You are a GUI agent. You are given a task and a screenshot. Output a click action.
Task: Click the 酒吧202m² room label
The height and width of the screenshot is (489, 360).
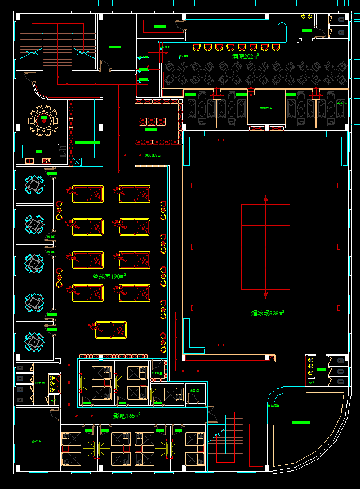point(245,56)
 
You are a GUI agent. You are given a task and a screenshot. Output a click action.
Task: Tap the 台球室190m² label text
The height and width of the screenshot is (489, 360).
point(109,277)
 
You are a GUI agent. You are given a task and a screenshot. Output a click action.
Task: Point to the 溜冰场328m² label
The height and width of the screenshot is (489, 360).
point(268,313)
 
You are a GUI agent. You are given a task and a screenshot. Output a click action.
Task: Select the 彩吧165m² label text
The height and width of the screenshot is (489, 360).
point(126,416)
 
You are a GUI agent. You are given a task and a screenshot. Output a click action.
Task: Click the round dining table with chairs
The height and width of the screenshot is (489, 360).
point(43,119)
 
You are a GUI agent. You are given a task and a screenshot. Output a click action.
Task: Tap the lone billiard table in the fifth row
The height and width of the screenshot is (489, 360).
point(111,330)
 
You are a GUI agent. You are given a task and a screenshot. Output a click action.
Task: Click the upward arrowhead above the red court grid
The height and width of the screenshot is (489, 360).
point(266,197)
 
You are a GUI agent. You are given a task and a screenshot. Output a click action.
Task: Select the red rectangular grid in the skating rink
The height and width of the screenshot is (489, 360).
point(265,246)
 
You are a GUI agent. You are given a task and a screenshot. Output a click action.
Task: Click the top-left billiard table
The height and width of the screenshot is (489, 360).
point(87,194)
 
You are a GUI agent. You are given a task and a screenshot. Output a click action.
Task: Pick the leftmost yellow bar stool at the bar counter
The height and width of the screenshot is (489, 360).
point(196,47)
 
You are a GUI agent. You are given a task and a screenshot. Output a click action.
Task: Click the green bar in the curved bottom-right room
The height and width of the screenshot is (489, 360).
point(300,421)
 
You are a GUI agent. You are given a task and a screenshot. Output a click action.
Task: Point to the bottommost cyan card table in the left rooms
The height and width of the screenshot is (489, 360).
point(34,341)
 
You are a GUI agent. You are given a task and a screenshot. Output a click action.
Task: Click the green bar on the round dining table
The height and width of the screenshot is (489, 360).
point(43,119)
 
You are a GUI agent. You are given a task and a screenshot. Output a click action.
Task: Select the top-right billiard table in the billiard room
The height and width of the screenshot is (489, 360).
point(135,194)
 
